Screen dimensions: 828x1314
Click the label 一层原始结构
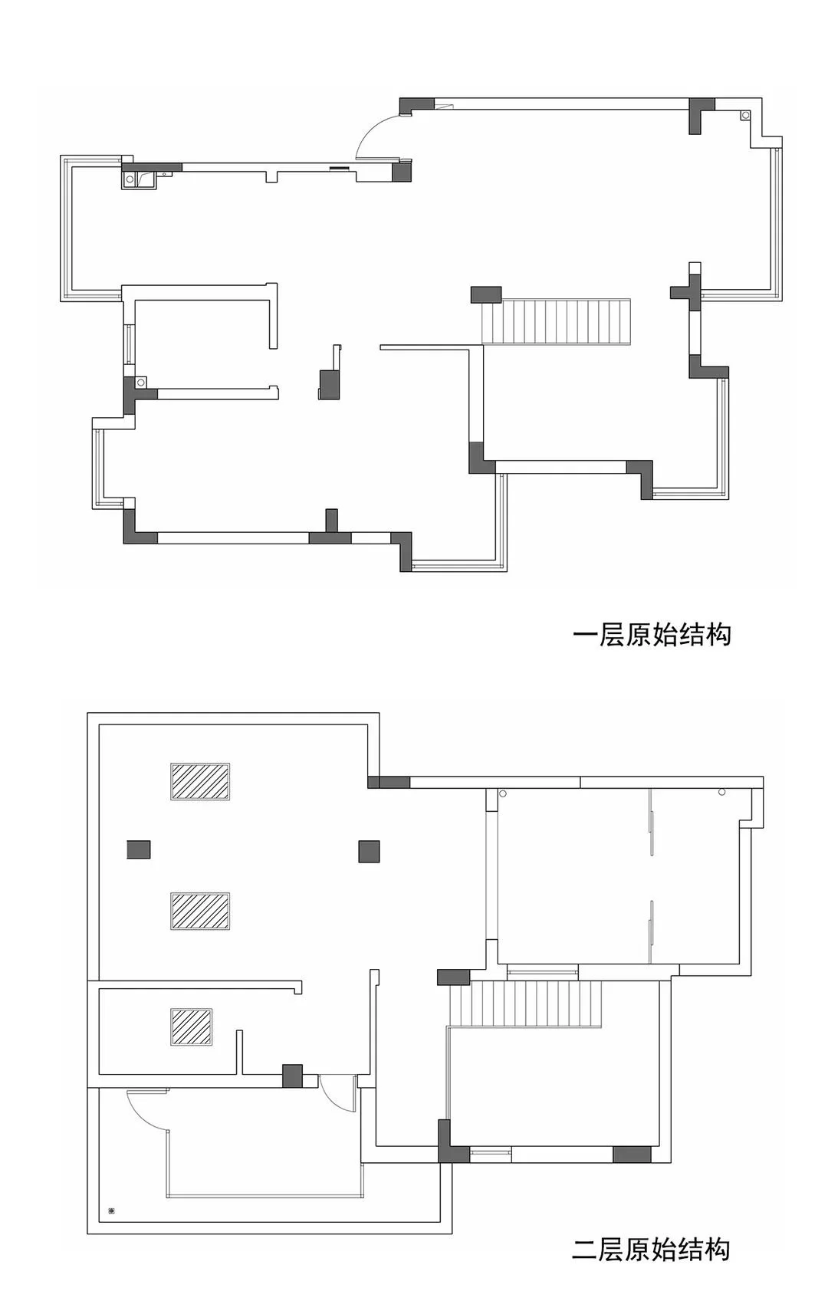[652, 635]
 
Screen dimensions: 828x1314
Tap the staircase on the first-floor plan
[557, 321]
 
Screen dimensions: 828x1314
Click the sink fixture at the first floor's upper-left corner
[139, 179]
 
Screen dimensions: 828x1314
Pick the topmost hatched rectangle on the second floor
[200, 781]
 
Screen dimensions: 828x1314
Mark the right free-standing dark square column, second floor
[369, 851]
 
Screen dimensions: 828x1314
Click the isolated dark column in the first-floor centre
[329, 384]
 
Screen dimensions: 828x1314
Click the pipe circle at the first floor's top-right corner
[745, 115]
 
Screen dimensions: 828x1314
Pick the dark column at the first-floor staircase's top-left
[486, 294]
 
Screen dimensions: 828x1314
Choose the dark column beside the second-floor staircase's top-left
[454, 977]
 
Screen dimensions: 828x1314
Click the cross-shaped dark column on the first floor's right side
[690, 291]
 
